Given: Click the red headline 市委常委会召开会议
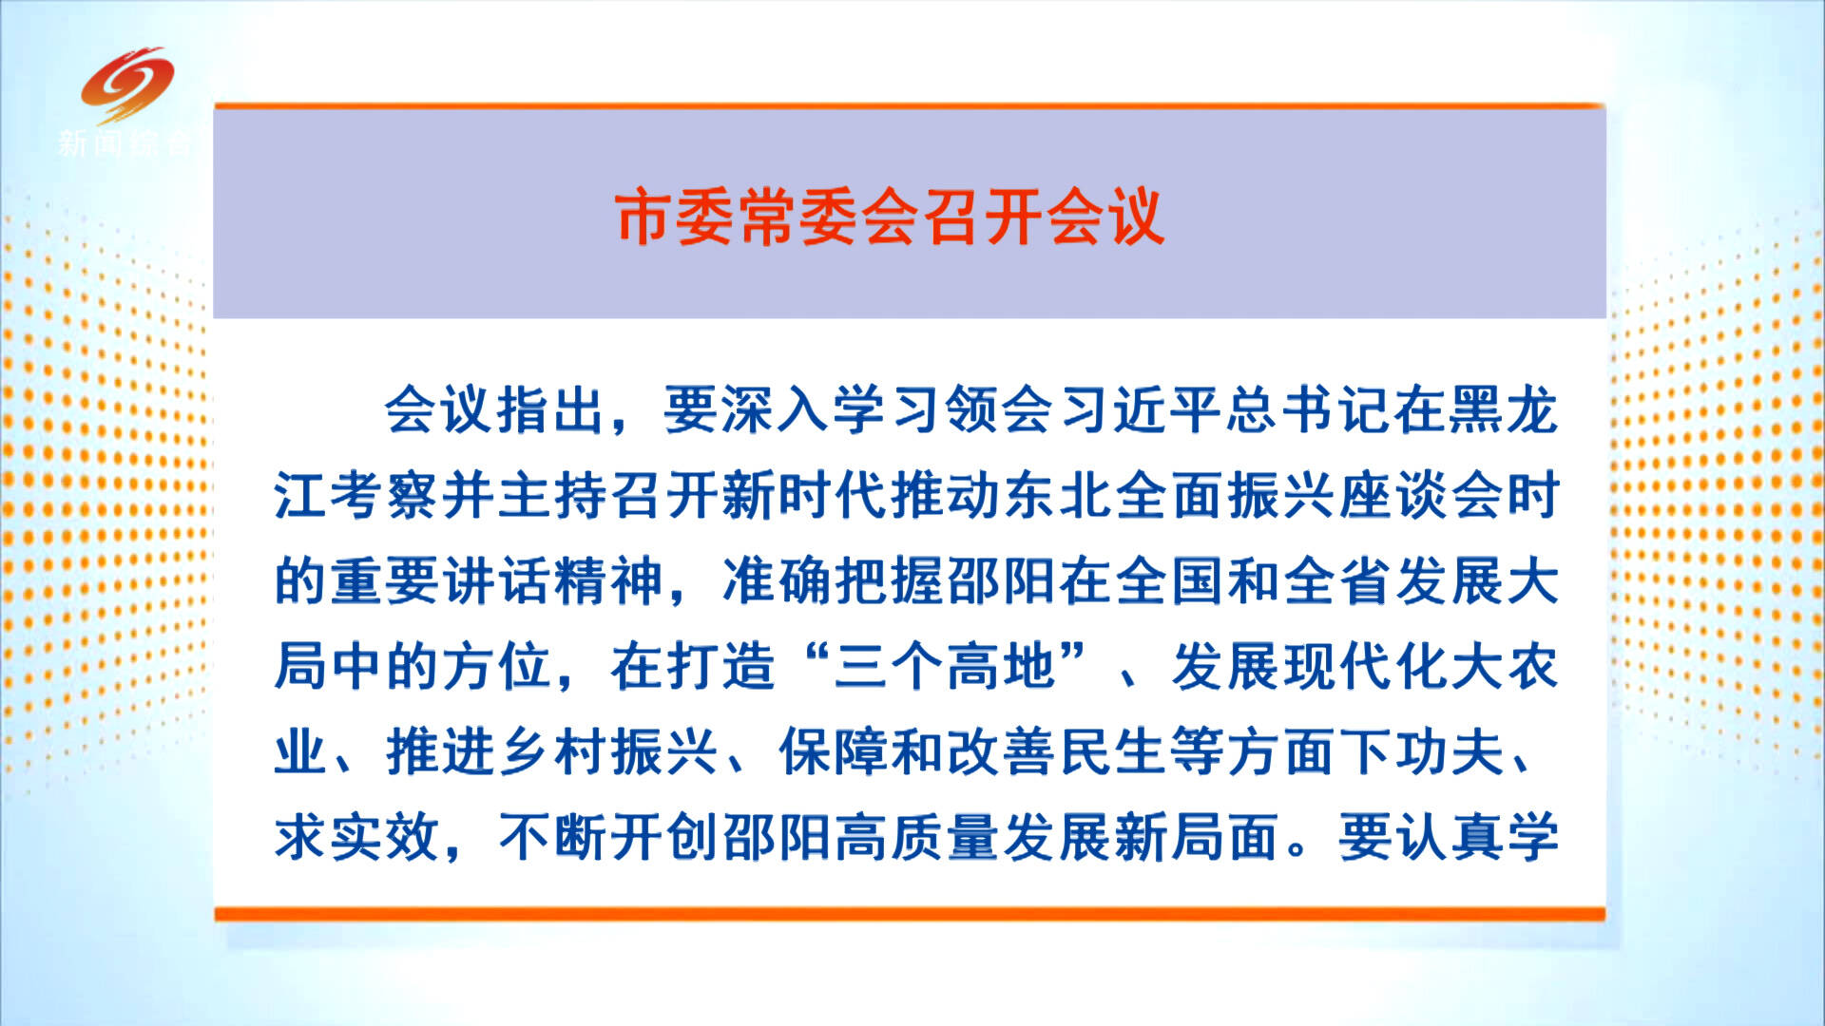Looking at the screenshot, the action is pos(890,218).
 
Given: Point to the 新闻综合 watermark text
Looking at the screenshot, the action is pos(125,143).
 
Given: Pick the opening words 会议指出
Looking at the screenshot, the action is pos(496,410).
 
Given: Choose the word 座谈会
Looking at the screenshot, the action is pos(1420,496).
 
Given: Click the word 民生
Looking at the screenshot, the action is pos(1114,752).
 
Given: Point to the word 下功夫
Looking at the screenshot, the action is pos(1422,752).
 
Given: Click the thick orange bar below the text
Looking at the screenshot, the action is pos(910,914).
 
